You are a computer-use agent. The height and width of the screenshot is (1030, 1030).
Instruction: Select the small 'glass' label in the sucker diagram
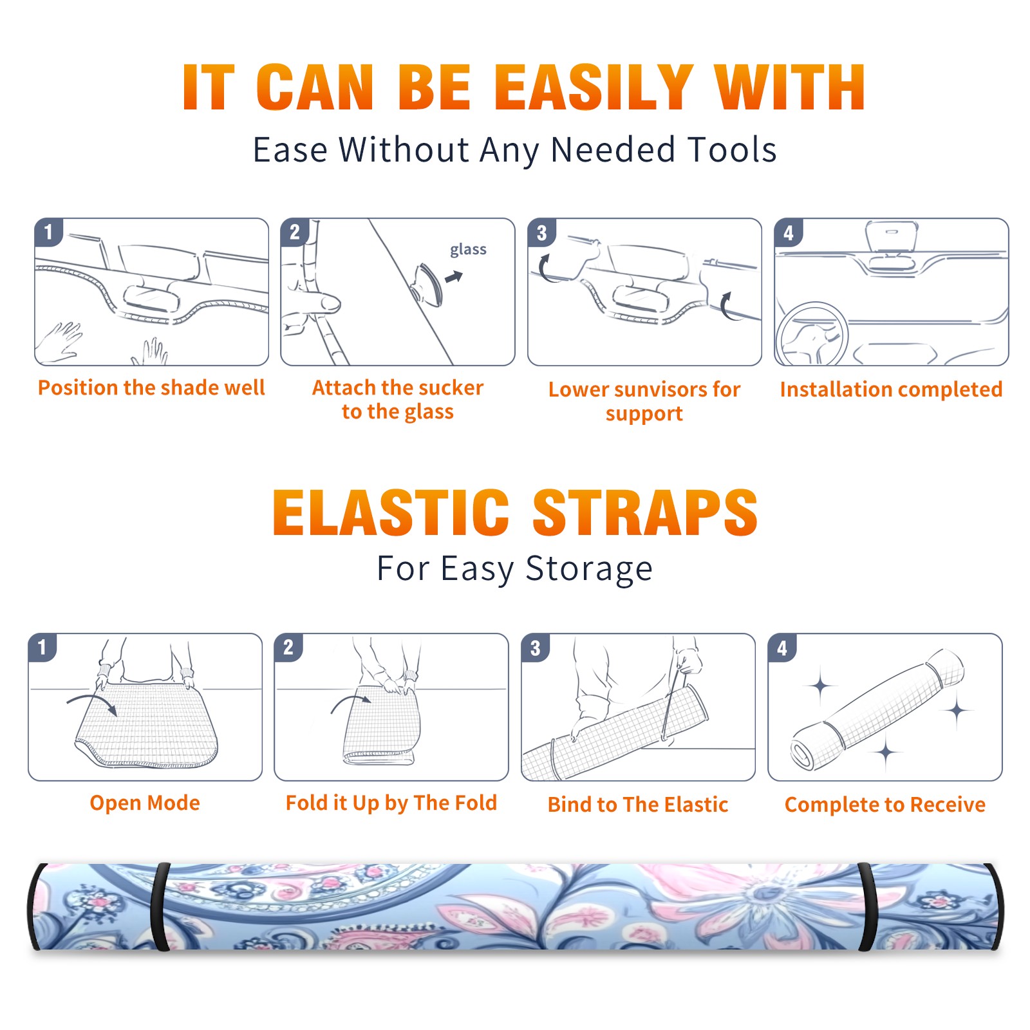468,250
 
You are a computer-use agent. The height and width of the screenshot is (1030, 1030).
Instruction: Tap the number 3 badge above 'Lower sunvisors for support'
541,233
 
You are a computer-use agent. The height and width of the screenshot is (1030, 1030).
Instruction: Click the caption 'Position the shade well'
151,388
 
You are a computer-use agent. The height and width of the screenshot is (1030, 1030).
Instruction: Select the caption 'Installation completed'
891,389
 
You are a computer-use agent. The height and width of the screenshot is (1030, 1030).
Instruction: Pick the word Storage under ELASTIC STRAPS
589,569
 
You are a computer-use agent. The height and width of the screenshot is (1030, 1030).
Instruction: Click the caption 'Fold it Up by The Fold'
391,803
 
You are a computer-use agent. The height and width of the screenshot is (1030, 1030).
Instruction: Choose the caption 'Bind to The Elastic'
638,805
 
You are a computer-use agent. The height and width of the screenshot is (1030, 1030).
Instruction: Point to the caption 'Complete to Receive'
885,805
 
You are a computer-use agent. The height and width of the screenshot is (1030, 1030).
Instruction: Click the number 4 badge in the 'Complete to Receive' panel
782,648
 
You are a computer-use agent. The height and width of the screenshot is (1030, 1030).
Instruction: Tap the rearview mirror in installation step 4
891,238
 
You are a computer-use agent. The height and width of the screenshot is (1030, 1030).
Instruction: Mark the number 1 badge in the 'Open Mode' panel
42,648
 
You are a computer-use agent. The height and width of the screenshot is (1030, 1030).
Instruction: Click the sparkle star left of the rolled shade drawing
820,686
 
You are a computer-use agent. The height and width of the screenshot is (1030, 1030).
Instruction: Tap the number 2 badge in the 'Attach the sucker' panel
295,232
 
